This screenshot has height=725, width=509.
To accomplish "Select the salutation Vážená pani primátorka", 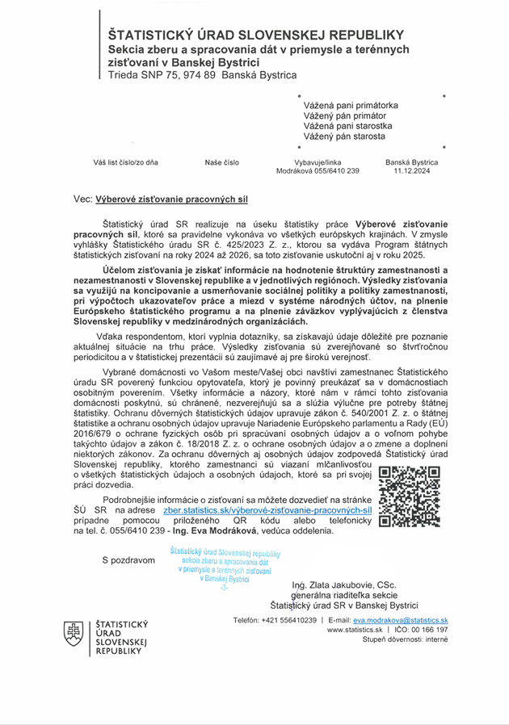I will click(351, 105).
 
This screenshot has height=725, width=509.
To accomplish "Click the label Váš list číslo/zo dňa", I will click(125, 162).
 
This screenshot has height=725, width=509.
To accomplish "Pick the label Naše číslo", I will click(221, 162).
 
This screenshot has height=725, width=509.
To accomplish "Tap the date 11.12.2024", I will click(412, 171).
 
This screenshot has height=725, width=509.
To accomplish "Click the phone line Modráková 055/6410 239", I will click(318, 171).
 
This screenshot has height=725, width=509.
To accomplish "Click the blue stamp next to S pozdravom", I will click(225, 569).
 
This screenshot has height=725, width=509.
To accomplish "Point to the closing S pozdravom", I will click(128, 559).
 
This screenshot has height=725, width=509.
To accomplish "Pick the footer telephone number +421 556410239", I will click(287, 620).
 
